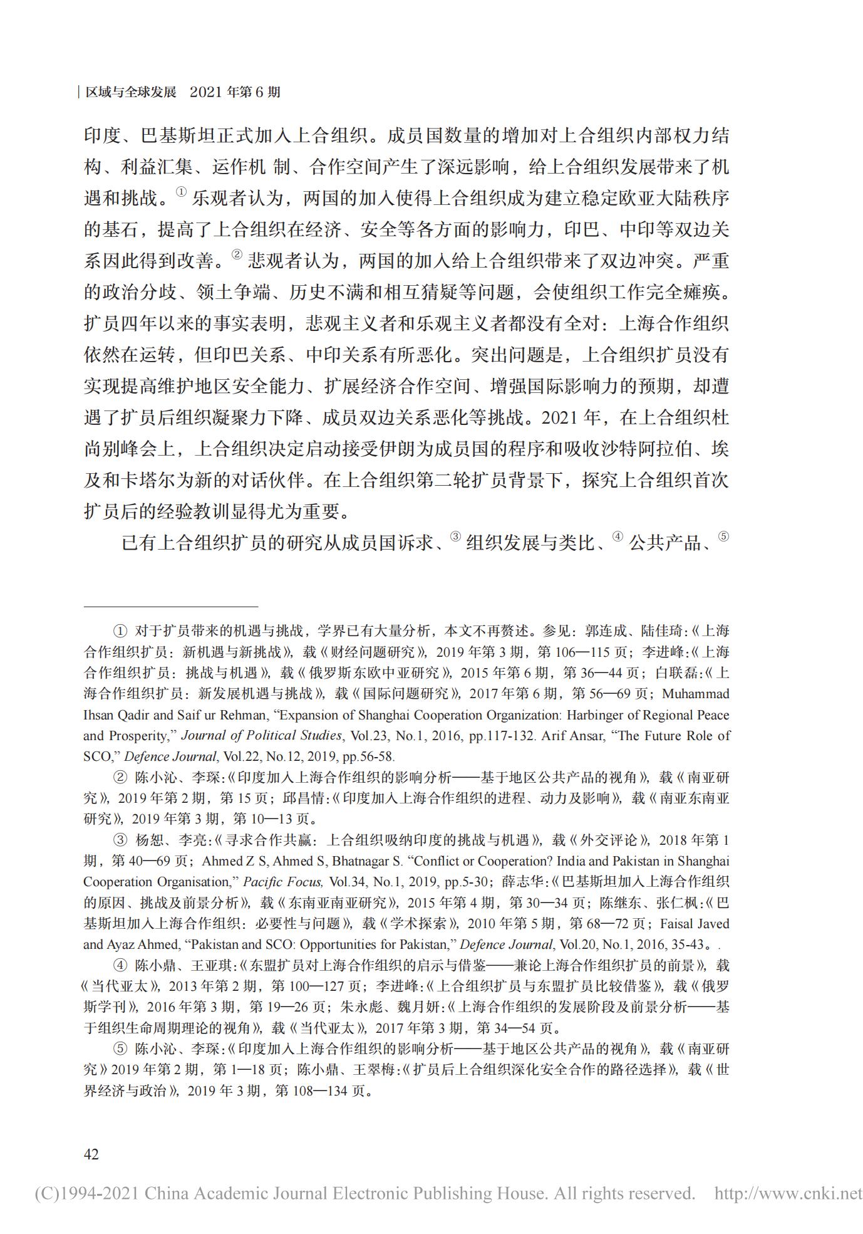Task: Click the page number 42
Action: [91, 1154]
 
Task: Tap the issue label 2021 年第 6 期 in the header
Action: [234, 93]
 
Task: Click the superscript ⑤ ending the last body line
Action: [723, 536]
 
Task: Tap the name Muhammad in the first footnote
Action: [695, 694]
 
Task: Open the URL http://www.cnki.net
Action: [788, 1193]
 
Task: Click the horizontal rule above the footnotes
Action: [170, 607]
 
